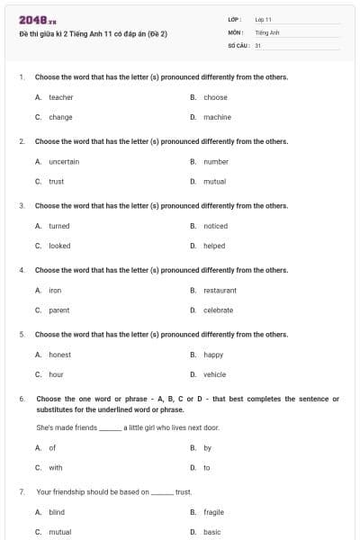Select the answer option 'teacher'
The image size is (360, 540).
[60, 97]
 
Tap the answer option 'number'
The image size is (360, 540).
[216, 162]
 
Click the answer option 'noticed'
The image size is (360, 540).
[215, 226]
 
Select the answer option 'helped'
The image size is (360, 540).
[214, 246]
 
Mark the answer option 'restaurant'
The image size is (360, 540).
[220, 291]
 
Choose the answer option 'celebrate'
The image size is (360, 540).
[218, 310]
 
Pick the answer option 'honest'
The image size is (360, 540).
[59, 355]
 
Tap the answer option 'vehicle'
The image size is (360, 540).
[214, 374]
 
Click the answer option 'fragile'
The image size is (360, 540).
[213, 511]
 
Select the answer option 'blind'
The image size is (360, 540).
[57, 511]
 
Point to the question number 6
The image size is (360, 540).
[21, 398]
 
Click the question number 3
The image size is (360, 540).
[21, 205]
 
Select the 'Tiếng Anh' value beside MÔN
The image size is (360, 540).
[265, 31]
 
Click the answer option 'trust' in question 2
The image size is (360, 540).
[56, 182]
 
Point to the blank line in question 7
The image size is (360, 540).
[162, 493]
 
